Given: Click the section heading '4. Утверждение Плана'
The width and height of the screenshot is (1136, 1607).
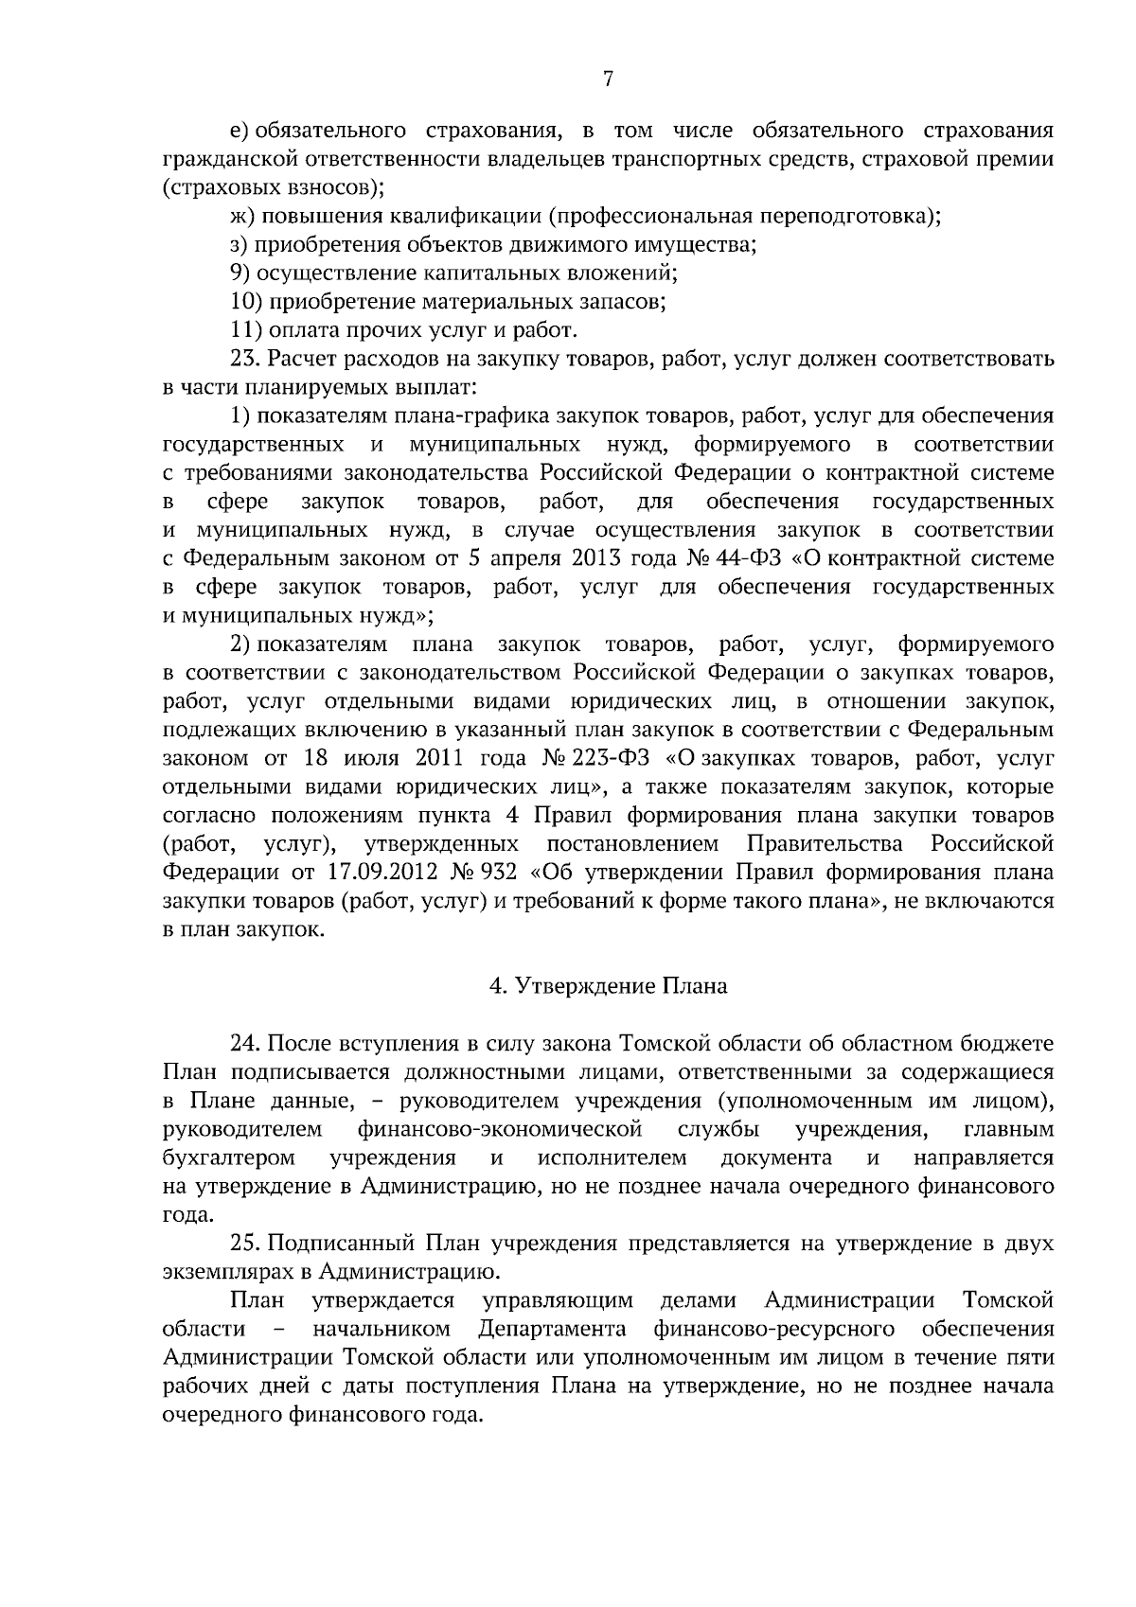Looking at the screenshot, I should tap(608, 986).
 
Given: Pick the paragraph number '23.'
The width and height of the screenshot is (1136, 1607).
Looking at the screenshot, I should tap(246, 360).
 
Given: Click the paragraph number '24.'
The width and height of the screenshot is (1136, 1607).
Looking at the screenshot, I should tap(246, 1043).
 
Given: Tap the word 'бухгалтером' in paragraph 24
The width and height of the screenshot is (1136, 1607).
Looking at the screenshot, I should tap(228, 1157).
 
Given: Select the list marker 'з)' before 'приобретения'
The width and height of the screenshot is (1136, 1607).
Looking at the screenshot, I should tap(240, 245).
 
